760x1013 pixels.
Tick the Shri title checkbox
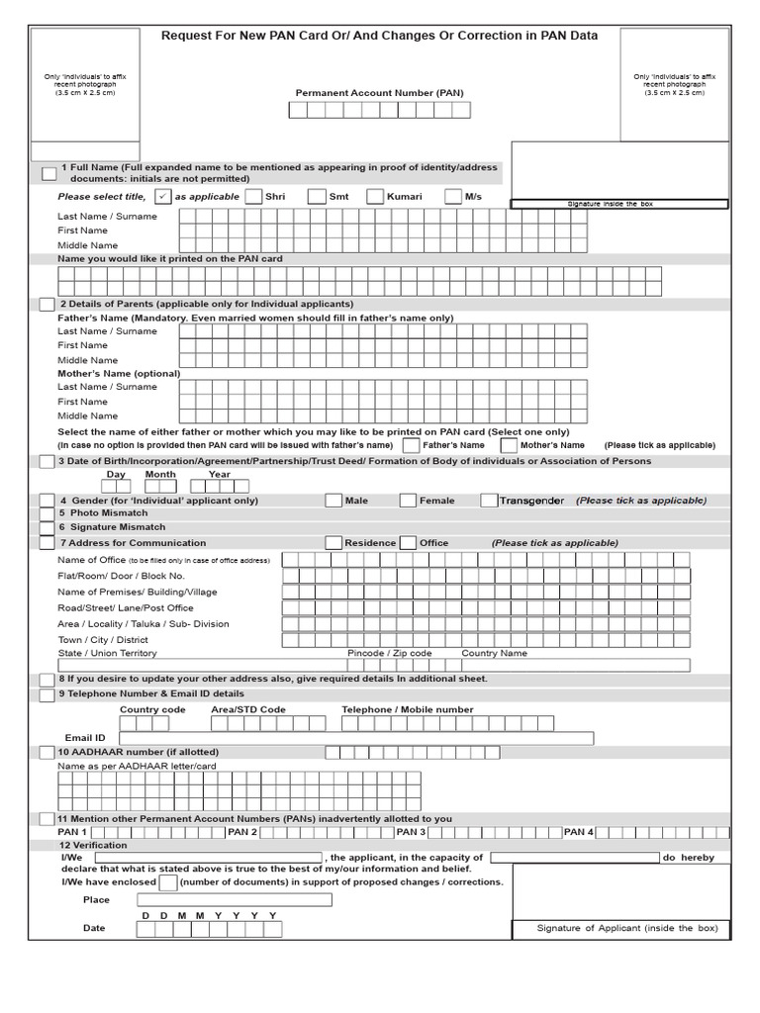[253, 197]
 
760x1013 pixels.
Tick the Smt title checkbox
[316, 197]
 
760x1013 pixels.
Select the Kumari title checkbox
[375, 197]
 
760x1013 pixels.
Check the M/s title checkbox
[453, 197]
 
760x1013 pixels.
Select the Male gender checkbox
[333, 501]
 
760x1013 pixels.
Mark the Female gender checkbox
[408, 501]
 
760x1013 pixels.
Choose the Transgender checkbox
[489, 501]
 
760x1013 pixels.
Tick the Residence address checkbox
[333, 543]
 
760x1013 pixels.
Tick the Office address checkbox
[408, 543]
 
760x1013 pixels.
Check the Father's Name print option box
[411, 445]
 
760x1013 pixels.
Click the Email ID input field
[355, 738]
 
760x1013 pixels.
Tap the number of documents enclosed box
[168, 882]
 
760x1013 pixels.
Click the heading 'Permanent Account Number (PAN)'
[379, 93]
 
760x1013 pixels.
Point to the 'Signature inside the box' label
[618, 204]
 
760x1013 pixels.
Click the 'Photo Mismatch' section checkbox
[47, 514]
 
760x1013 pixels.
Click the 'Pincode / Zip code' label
[389, 654]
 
